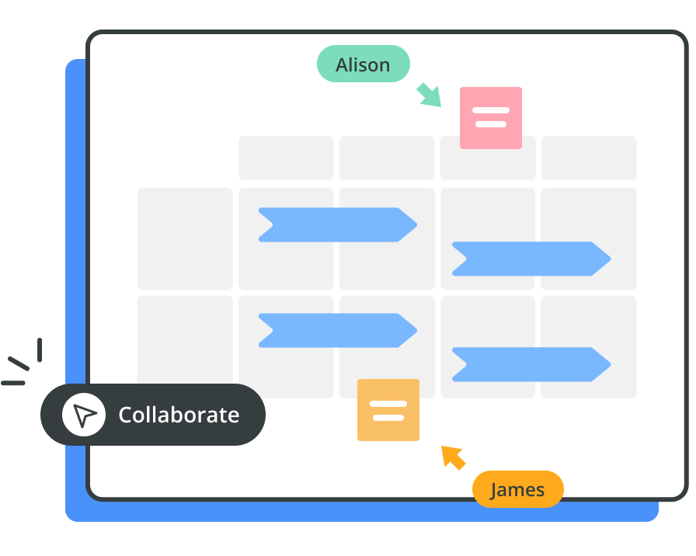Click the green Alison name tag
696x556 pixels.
pyautogui.click(x=363, y=64)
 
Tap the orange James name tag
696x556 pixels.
pyautogui.click(x=517, y=489)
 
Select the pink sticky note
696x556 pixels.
pyautogui.click(x=490, y=117)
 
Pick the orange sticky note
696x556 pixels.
pyautogui.click(x=388, y=410)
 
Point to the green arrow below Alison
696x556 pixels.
pyautogui.click(x=429, y=95)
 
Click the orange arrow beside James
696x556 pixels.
pyautogui.click(x=454, y=457)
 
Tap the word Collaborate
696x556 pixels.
pyautogui.click(x=179, y=415)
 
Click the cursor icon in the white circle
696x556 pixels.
pyautogui.click(x=84, y=415)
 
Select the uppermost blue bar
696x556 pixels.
pyautogui.click(x=336, y=224)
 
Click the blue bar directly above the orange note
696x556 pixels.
pyautogui.click(x=336, y=330)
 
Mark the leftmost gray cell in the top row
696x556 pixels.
pyautogui.click(x=286, y=158)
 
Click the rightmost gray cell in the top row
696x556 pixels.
pyautogui.click(x=589, y=158)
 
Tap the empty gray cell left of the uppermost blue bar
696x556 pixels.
pyautogui.click(x=185, y=238)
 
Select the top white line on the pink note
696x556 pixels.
pyautogui.click(x=490, y=111)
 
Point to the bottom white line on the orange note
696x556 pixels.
pyautogui.click(x=388, y=418)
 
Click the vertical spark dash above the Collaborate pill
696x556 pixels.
pyautogui.click(x=39, y=349)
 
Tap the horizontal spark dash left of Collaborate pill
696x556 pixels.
pyautogui.click(x=13, y=383)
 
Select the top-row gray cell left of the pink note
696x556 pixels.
pyautogui.click(x=386, y=158)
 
